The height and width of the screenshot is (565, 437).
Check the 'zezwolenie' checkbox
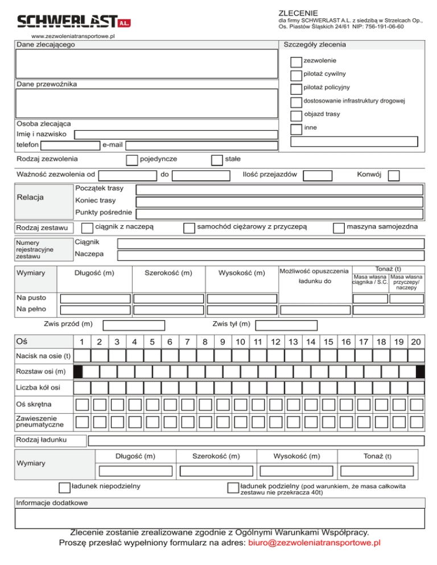pyautogui.click(x=296, y=61)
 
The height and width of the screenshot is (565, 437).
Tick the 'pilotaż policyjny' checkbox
pyautogui.click(x=296, y=89)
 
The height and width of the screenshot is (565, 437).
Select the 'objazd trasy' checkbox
pyautogui.click(x=296, y=116)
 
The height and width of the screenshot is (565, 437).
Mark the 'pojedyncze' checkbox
pyautogui.click(x=131, y=160)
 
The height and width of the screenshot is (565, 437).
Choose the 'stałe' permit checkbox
pyautogui.click(x=216, y=160)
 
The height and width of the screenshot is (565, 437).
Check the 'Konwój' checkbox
pyautogui.click(x=394, y=176)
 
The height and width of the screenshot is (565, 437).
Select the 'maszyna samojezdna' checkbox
pyautogui.click(x=339, y=228)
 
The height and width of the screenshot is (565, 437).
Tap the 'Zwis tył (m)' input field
pyautogui.click(x=286, y=325)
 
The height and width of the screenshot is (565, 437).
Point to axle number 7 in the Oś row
pyautogui.click(x=187, y=342)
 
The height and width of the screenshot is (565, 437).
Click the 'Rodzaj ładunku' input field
pyautogui.click(x=256, y=441)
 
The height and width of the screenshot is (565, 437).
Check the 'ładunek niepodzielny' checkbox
pyautogui.click(x=65, y=487)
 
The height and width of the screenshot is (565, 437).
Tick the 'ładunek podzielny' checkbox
pyautogui.click(x=232, y=487)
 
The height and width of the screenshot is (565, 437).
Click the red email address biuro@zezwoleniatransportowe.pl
pyautogui.click(x=314, y=544)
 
